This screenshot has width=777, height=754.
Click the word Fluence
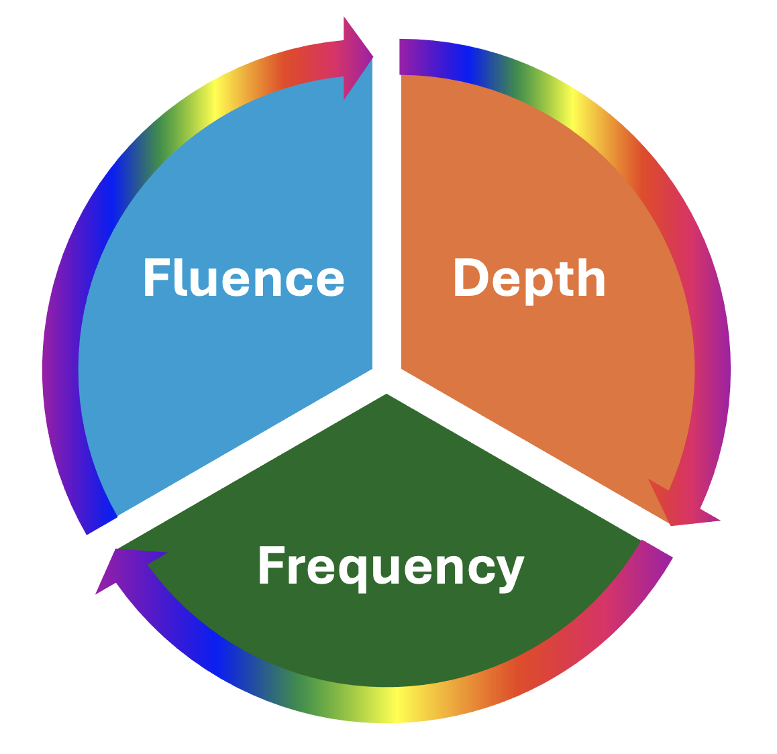click(244, 278)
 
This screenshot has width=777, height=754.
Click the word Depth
click(529, 278)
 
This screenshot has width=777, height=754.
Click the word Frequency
click(391, 566)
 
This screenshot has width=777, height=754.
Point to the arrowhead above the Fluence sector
click(356, 58)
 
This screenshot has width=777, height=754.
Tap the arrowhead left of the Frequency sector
click(121, 567)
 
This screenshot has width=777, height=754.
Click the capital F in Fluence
click(155, 278)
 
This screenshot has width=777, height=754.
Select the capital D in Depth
click(470, 278)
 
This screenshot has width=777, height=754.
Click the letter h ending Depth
click(592, 278)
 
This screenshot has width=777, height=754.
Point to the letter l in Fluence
click(180, 278)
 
